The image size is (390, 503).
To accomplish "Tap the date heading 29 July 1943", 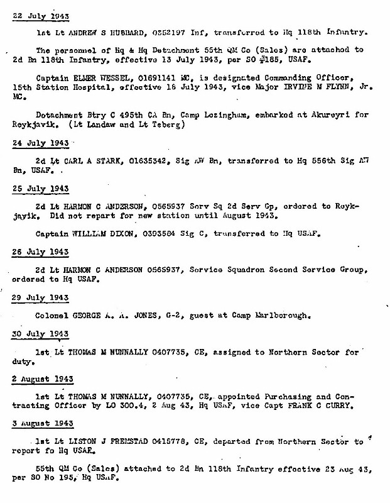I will (x=41, y=297).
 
